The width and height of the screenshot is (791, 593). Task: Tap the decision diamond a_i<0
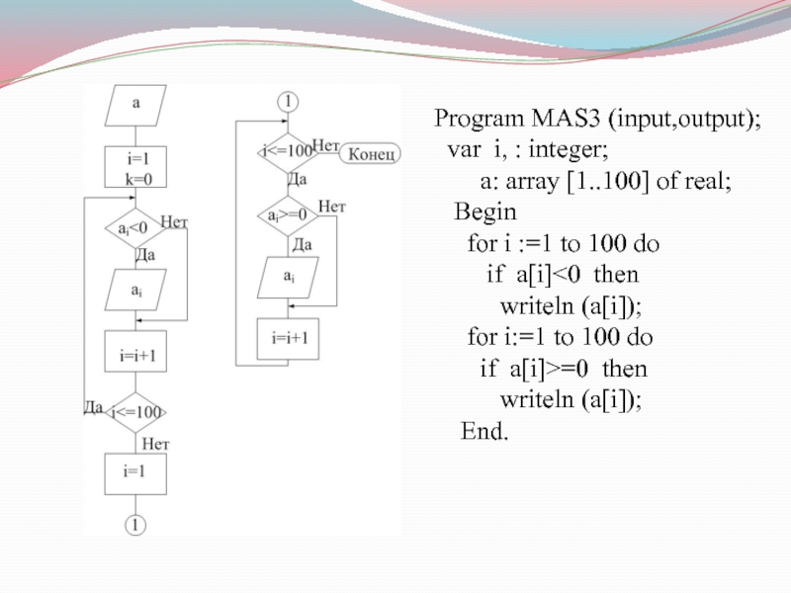tap(135, 228)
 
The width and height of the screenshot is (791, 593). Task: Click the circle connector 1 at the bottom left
tap(135, 525)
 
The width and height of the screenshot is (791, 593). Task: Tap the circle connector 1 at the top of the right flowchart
tap(288, 101)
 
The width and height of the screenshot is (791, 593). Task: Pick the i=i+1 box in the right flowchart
tap(289, 337)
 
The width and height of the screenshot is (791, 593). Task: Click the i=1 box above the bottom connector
tap(135, 472)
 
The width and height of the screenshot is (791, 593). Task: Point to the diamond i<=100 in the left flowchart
tap(135, 411)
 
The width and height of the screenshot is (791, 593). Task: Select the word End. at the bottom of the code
tap(485, 432)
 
